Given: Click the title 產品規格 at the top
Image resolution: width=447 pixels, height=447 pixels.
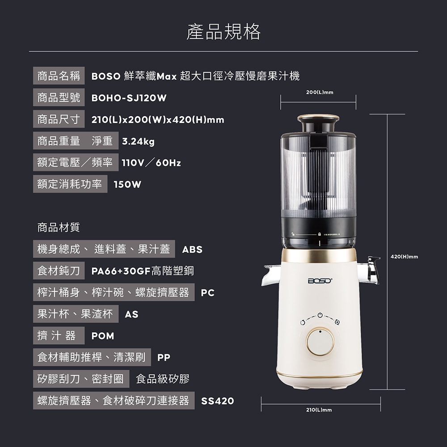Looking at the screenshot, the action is click(x=223, y=31).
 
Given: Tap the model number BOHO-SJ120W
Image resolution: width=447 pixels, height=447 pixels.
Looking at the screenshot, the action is click(x=129, y=98).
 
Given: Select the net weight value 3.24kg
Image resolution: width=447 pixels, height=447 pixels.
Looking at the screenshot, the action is click(x=138, y=141).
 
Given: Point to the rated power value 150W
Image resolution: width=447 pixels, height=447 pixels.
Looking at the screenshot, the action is click(x=127, y=185).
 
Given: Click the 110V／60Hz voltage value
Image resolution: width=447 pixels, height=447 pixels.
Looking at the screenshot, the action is click(x=152, y=163).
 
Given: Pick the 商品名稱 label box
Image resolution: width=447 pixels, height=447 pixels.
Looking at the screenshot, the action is click(x=59, y=76).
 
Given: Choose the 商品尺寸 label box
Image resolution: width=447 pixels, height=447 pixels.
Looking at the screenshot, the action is click(x=59, y=119).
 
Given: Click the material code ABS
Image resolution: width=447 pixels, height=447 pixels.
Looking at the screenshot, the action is click(x=192, y=249).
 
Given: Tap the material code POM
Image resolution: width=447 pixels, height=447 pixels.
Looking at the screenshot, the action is click(x=103, y=336).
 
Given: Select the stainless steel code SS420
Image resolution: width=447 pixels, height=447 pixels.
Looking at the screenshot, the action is click(x=218, y=401).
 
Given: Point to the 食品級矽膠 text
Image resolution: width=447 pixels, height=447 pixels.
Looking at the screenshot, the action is click(x=163, y=379).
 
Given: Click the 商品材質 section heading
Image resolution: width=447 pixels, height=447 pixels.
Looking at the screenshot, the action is click(x=59, y=227).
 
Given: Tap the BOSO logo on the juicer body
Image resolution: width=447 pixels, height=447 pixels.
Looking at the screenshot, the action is click(x=320, y=281).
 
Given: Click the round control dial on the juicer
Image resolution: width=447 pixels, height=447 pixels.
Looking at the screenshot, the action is click(x=320, y=341).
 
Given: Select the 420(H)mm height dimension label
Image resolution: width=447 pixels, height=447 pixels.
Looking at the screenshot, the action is click(x=404, y=257).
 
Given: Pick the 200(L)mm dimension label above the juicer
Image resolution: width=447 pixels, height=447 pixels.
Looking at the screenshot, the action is click(x=320, y=92).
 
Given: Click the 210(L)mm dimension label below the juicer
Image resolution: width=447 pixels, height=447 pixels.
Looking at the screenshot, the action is click(x=319, y=409).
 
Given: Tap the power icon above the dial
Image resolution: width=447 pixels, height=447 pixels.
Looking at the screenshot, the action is click(x=320, y=315).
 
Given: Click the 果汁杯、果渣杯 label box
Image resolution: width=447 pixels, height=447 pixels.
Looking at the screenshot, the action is click(x=76, y=314).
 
